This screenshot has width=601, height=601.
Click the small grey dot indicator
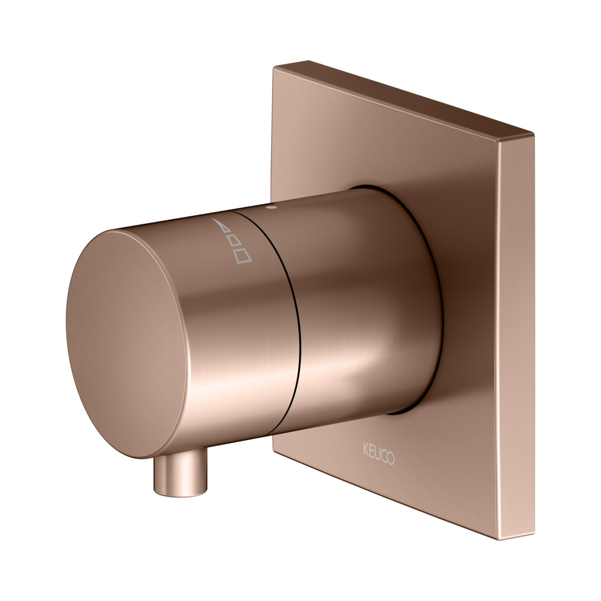tap(271, 208)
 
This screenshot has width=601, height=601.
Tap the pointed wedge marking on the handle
tap(221, 225)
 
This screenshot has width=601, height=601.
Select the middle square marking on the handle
tap(234, 239)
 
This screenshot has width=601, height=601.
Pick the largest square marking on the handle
tap(243, 255)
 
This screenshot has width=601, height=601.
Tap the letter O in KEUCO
tap(390, 458)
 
